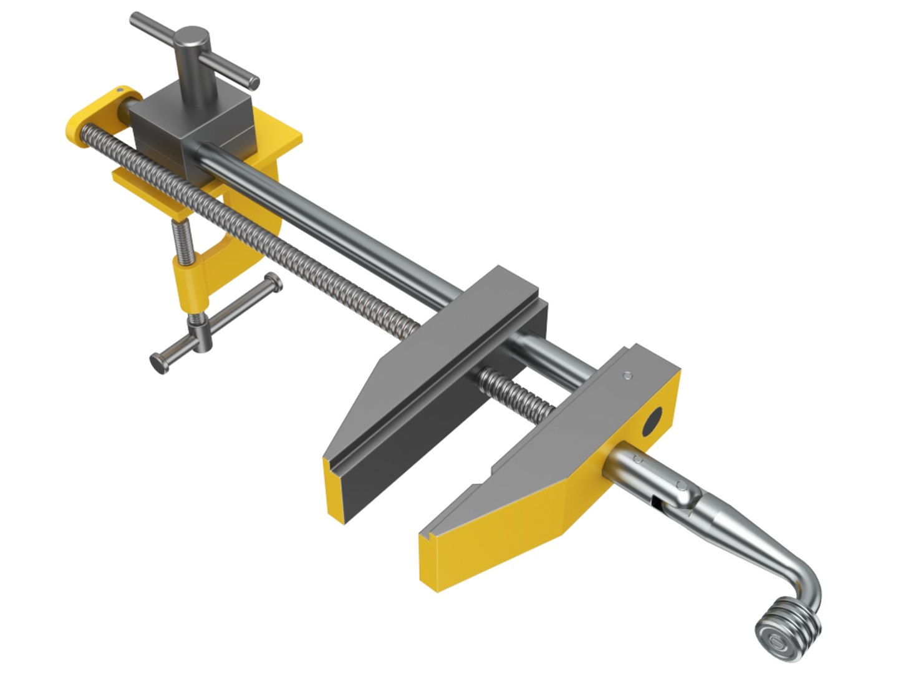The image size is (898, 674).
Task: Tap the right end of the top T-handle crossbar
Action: point(252,82)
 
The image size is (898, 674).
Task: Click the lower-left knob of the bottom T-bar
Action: point(158,363)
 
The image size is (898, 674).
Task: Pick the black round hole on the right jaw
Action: point(653,424)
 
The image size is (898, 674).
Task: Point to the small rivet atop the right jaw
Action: point(627,376)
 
